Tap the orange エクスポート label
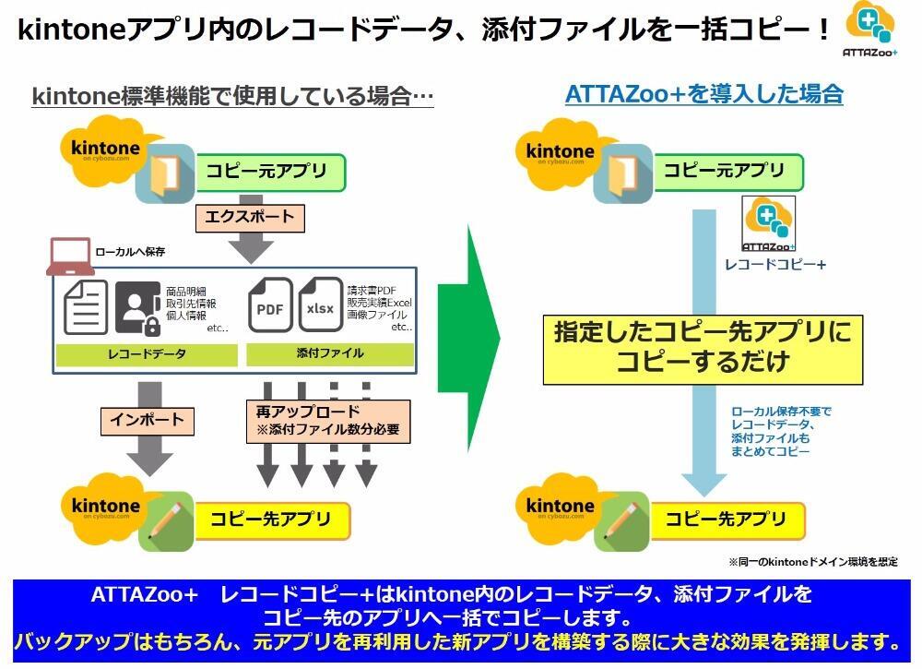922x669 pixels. point(249,218)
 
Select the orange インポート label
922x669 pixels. point(147,420)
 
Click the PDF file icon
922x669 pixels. point(270,306)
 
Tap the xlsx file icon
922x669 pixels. point(320,306)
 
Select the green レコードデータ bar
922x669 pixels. point(147,353)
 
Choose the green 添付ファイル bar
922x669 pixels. point(331,353)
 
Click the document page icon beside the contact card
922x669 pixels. point(86,307)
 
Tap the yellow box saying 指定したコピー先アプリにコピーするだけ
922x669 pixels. point(703,347)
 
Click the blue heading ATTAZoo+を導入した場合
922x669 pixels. point(703,94)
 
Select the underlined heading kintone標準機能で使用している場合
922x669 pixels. point(232,96)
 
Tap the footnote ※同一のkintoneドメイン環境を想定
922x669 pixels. point(812,561)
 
